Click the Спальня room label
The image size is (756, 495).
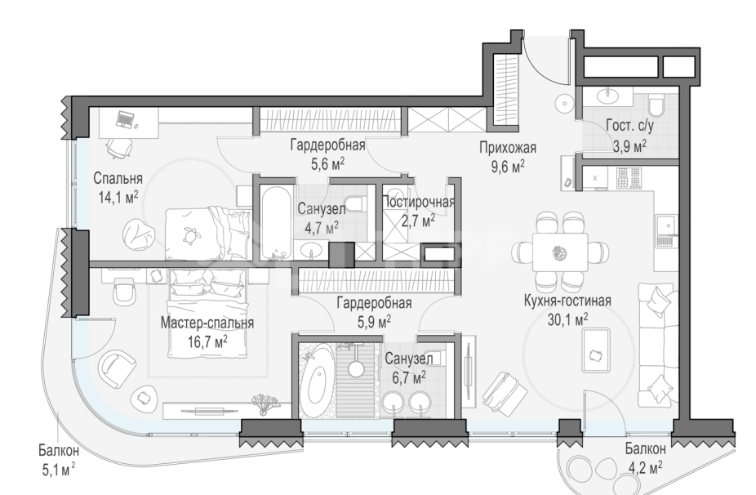(118, 179)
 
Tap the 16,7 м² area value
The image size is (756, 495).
(207, 341)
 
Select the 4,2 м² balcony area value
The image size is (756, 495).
(644, 467)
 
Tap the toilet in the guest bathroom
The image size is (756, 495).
(656, 108)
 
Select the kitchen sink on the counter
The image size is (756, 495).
(666, 222)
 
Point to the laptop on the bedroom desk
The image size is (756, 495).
(125, 120)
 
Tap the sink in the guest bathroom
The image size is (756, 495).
(607, 96)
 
